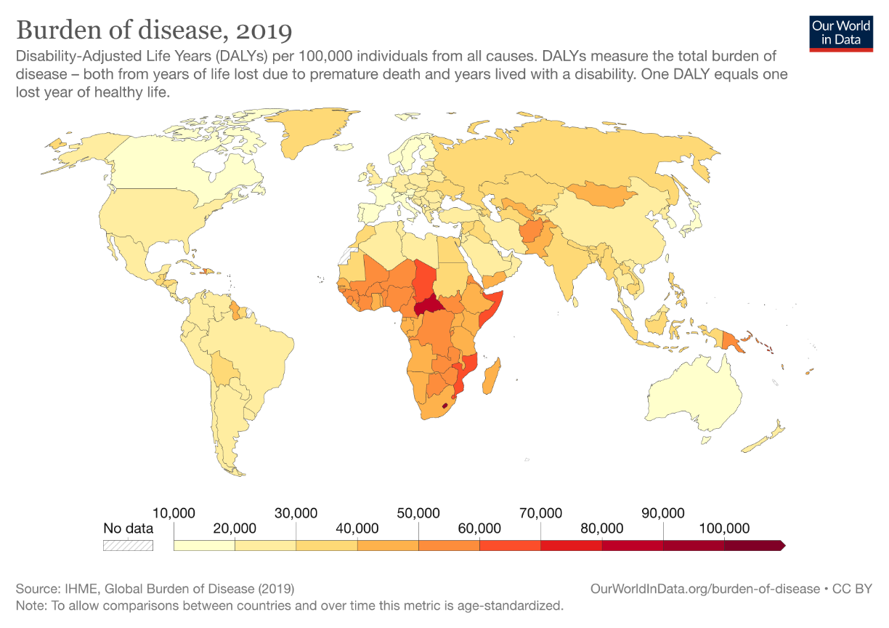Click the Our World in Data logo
pos(841,31)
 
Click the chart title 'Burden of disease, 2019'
pos(154,31)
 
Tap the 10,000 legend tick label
pos(174,513)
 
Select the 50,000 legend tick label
pos(418,513)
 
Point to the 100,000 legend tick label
pos(724,528)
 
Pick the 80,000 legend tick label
pos(601,528)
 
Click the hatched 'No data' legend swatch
pos(129,545)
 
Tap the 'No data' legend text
pos(129,528)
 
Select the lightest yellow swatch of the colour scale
pos(204,545)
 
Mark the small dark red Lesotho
pos(444,415)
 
